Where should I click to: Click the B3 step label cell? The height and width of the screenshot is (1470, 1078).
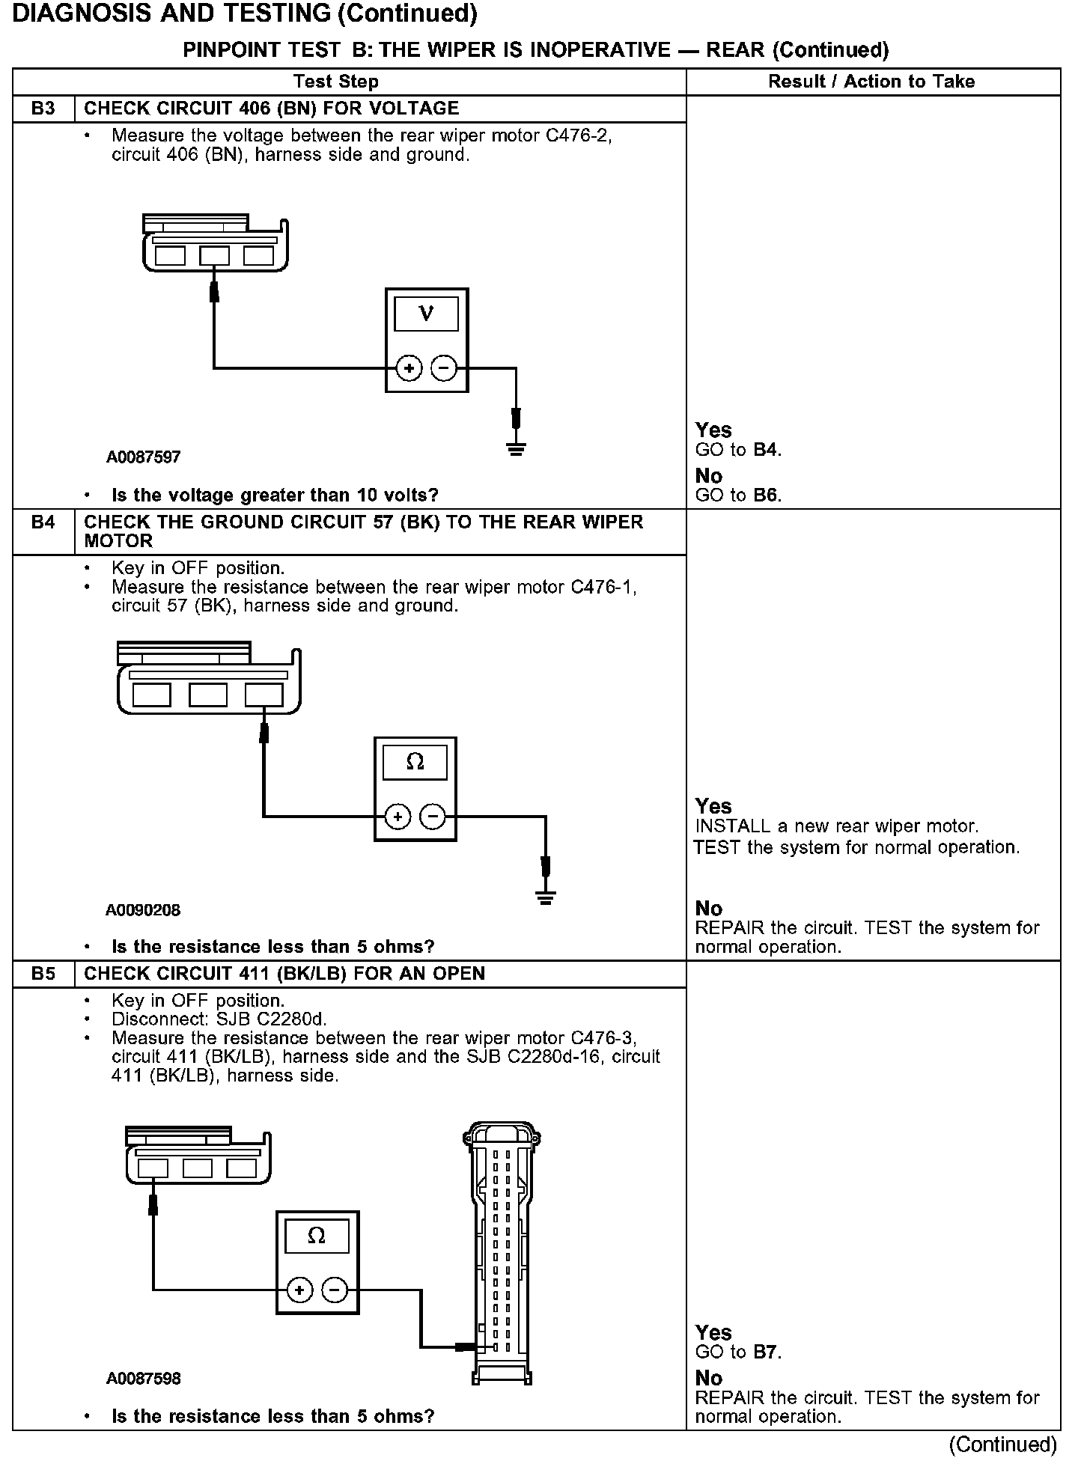pyautogui.click(x=43, y=109)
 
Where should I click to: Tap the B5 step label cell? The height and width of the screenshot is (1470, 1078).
pyautogui.click(x=43, y=973)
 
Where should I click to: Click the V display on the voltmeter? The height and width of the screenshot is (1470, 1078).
pyautogui.click(x=426, y=314)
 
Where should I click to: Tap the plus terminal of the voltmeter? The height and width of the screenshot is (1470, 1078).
pyautogui.click(x=409, y=368)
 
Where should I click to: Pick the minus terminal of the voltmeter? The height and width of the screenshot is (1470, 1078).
pyautogui.click(x=444, y=368)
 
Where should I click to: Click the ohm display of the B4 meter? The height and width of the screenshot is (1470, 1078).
pyautogui.click(x=415, y=763)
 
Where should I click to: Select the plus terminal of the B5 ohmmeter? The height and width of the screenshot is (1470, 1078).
pyautogui.click(x=299, y=1290)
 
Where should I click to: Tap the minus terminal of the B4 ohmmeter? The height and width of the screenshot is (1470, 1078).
pyautogui.click(x=433, y=816)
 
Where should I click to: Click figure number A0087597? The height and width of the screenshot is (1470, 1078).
pyautogui.click(x=143, y=457)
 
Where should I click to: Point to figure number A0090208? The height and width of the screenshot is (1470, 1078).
pyautogui.click(x=143, y=910)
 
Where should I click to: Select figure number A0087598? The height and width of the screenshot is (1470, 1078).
pyautogui.click(x=143, y=1379)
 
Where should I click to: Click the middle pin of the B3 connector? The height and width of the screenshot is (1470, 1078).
pyautogui.click(x=214, y=256)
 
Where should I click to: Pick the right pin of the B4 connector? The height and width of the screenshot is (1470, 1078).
pyautogui.click(x=264, y=695)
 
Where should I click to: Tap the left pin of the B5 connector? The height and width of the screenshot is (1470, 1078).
pyautogui.click(x=153, y=1168)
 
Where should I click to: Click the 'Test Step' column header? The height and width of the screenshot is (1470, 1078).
pyautogui.click(x=336, y=82)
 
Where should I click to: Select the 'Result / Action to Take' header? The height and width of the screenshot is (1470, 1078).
pyautogui.click(x=871, y=82)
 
